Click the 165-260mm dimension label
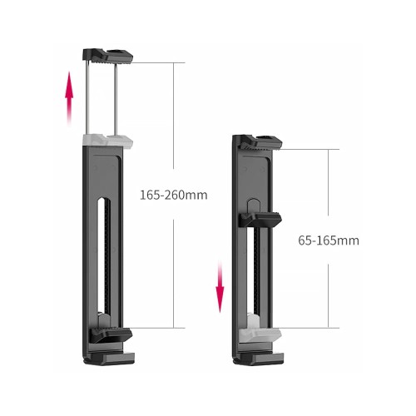click(174, 195)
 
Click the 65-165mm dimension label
click(329, 240)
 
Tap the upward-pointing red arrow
click(69, 98)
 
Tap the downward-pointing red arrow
click(220, 286)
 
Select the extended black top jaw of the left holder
click(107, 56)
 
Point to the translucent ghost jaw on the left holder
click(107, 141)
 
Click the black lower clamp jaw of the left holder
click(111, 334)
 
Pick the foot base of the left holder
click(109, 359)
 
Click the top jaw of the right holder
click(260, 143)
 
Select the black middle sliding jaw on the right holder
click(260, 220)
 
